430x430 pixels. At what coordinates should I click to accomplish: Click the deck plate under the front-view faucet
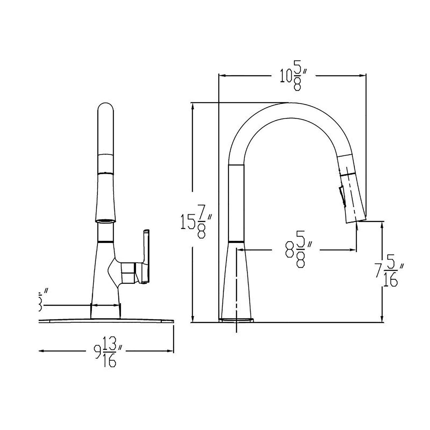click(x=106, y=321)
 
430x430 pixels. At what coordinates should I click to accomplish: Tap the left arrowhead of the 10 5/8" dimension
click(x=222, y=76)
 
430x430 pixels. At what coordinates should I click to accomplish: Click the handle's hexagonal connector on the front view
click(x=128, y=273)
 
